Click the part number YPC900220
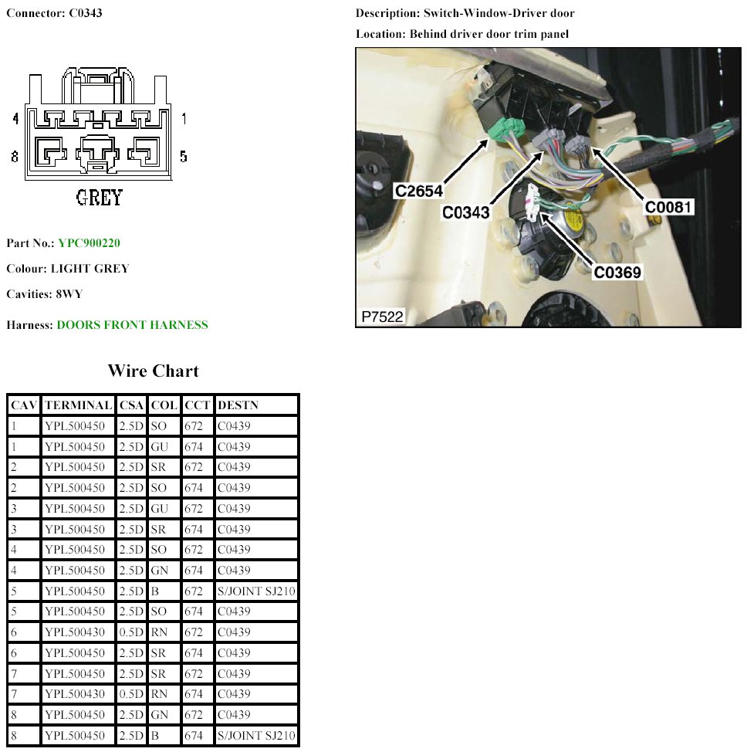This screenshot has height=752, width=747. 89,243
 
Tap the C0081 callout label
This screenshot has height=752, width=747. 670,207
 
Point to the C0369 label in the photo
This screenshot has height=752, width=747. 617,272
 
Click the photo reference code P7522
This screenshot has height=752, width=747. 383,317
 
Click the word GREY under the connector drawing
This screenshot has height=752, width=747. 100,198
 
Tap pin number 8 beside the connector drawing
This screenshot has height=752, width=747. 15,157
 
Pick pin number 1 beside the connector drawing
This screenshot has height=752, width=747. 184,119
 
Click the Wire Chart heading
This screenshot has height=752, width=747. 153,371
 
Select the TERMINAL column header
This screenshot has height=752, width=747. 78,405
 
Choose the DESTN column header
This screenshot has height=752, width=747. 238,405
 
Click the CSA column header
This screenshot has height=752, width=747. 130,405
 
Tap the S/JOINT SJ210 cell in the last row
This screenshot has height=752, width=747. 256,735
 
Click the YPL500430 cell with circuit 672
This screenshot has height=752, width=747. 77,632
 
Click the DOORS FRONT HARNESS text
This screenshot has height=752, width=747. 132,325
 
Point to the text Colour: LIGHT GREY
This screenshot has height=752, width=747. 68,269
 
